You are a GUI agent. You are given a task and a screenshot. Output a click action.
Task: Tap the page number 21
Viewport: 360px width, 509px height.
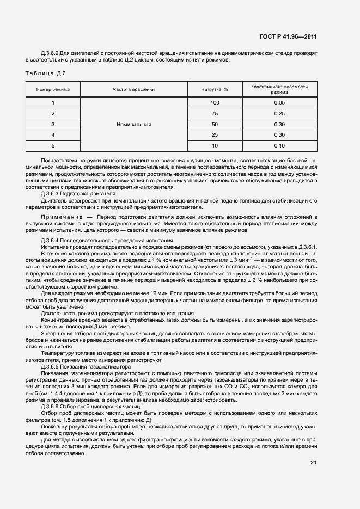point(313,463)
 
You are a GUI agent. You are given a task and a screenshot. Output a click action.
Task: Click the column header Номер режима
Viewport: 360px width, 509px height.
point(53,89)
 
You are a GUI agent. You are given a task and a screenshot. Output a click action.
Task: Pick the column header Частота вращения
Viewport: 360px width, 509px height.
point(133,89)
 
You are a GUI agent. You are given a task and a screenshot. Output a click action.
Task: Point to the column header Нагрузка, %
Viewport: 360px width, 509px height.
point(215,89)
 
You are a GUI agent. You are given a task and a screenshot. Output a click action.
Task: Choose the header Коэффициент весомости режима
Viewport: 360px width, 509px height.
point(279,89)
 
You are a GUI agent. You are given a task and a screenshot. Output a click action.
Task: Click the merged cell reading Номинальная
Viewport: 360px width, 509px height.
point(133,124)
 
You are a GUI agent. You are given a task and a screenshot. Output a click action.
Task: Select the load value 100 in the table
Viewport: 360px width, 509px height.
point(215,103)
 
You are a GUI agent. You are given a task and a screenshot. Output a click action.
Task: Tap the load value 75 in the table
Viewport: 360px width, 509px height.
point(215,113)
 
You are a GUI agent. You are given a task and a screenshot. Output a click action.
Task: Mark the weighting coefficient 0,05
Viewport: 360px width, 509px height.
point(279,103)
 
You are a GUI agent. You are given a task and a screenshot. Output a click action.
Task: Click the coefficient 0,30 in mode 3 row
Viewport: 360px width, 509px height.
point(279,124)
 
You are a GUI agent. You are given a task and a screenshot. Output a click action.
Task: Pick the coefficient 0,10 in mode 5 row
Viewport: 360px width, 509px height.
point(279,145)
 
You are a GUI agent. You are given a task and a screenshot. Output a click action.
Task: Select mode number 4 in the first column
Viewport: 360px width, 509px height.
point(53,134)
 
